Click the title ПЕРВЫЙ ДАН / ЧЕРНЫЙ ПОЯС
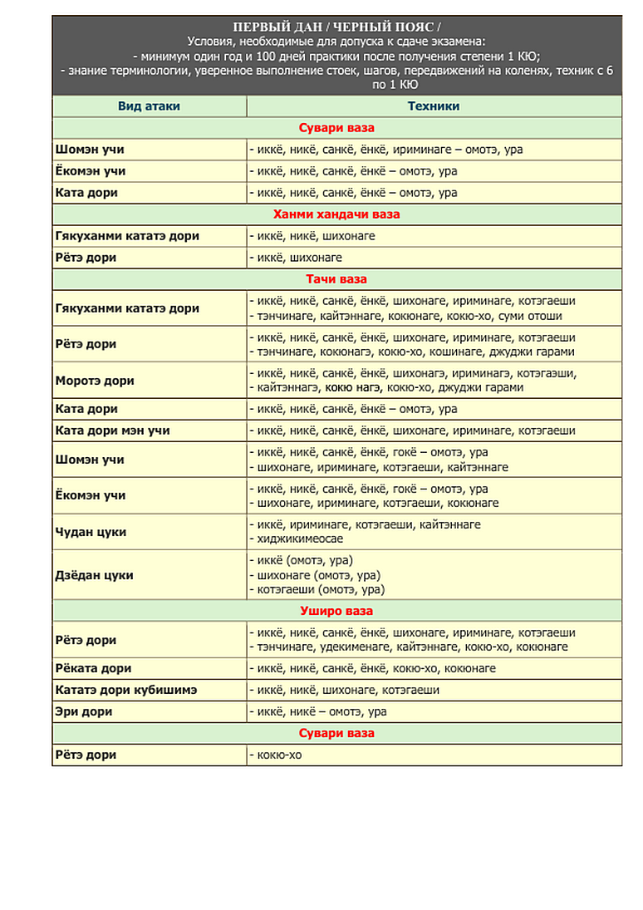point(336,27)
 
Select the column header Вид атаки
point(149,106)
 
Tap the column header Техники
point(433,106)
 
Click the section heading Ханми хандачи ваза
point(336,214)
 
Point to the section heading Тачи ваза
point(336,279)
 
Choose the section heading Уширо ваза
point(336,611)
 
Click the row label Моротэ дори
point(95,381)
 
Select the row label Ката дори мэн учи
point(112,431)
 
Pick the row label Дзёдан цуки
point(94,575)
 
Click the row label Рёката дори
point(93,668)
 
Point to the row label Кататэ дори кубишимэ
point(125,690)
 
